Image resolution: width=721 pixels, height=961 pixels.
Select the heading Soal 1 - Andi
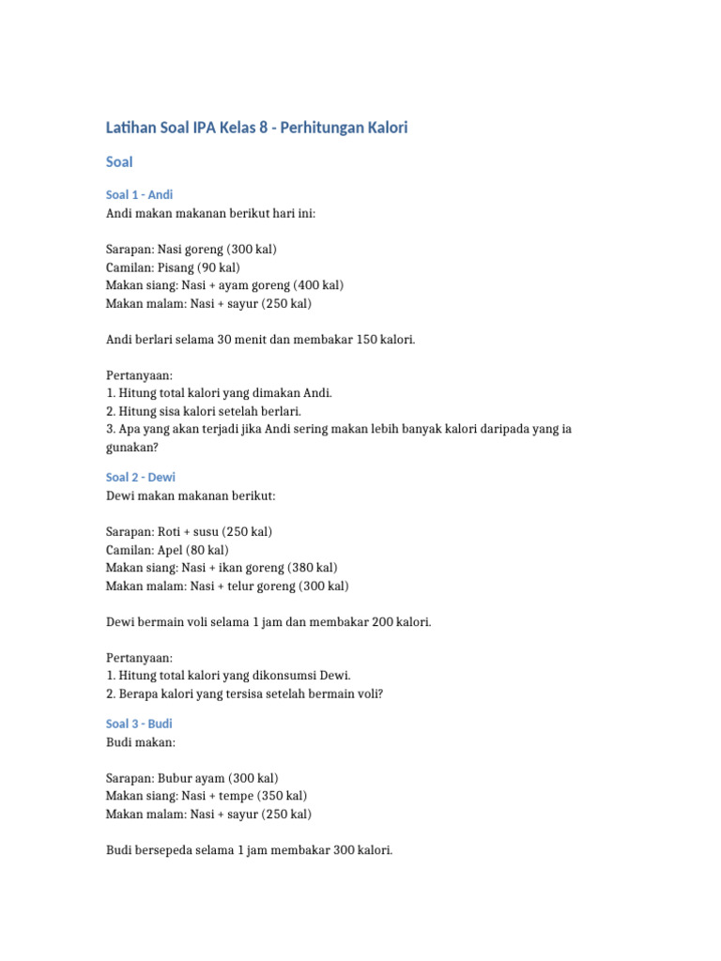tap(139, 195)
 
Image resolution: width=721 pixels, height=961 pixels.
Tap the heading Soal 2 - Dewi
tap(141, 478)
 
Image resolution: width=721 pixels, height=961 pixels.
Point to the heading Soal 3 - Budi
tap(139, 725)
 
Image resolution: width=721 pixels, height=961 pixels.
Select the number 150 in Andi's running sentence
tap(366, 339)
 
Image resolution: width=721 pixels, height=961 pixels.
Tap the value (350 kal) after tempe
tap(280, 796)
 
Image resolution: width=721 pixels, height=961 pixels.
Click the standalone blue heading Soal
tap(119, 162)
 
